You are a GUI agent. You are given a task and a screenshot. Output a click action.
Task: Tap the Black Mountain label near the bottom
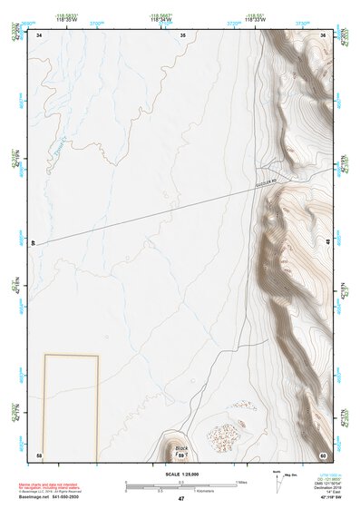182,448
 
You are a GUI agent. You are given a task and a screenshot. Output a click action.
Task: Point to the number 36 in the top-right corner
322,35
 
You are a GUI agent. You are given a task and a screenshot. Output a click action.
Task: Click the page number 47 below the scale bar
181,499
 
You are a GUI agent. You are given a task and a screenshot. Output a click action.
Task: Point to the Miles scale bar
180,483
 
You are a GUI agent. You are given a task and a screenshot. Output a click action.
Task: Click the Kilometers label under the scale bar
216,491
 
